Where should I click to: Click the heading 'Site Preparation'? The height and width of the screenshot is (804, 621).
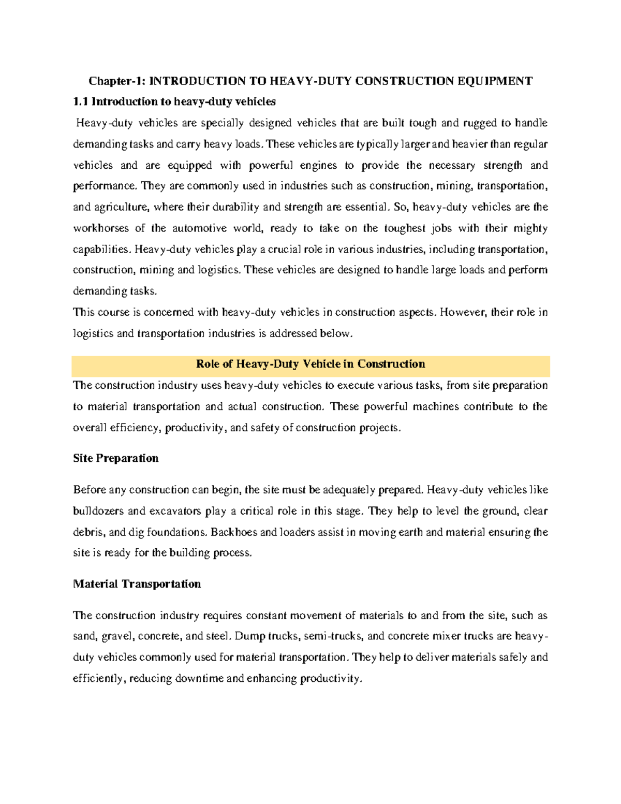[116, 458]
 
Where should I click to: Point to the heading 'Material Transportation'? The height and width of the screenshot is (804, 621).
[137, 584]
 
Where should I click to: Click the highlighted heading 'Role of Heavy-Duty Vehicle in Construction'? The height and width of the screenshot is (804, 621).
[310, 364]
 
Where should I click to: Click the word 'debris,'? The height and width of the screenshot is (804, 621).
[87, 532]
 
